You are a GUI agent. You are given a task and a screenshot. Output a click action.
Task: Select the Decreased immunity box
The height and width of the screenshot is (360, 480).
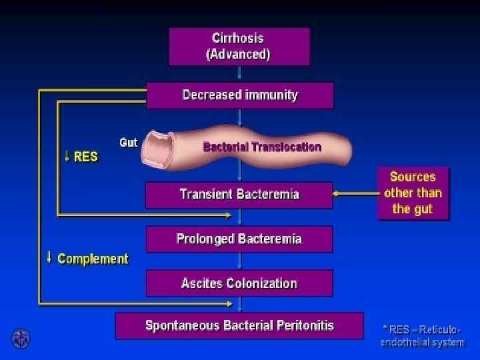pos(240,95)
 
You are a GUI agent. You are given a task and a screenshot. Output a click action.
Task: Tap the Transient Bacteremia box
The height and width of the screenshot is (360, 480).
pos(239,195)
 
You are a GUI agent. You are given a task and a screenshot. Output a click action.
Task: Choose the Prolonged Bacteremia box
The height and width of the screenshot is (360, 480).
pos(239,239)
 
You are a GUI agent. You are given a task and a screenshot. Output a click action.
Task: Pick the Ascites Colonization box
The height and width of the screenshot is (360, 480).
pos(239,283)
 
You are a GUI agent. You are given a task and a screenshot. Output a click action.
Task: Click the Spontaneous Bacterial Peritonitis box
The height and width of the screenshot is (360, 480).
pos(239,326)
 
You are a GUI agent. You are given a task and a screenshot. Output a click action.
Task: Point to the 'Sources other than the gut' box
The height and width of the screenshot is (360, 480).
pos(413,193)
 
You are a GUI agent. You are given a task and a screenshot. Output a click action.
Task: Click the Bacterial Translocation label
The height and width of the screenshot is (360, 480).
pos(262,147)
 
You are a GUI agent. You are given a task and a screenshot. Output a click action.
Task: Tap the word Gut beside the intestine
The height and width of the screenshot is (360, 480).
pos(129,143)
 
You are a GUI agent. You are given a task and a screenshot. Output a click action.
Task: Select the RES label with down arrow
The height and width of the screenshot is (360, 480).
pos(81,157)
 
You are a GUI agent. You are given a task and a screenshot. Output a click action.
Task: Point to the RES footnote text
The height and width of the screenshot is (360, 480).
pos(422,335)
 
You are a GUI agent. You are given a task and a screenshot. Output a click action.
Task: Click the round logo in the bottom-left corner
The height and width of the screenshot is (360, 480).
pos(21,339)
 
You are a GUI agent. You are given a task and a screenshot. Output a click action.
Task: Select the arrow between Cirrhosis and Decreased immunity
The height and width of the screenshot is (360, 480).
pos(239,74)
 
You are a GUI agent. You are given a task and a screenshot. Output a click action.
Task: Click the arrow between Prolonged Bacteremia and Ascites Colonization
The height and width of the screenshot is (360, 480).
pos(239,261)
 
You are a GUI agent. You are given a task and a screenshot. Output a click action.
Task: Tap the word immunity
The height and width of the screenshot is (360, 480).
pos(271,95)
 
